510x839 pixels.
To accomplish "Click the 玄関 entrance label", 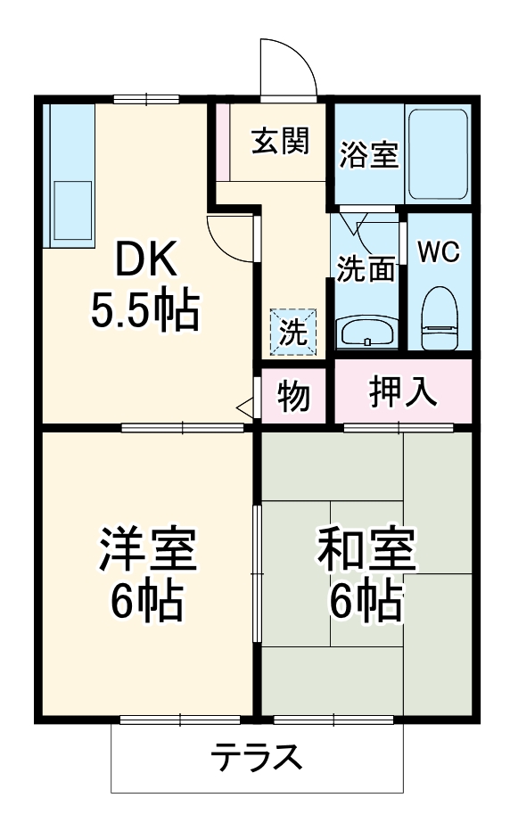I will tap(279, 141).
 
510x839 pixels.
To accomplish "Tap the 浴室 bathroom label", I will tap(368, 154).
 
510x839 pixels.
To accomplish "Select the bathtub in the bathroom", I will tap(437, 154).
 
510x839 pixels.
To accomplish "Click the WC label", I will tap(439, 252).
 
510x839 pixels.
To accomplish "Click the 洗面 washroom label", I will tap(366, 268).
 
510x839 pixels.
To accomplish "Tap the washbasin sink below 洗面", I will tap(366, 333).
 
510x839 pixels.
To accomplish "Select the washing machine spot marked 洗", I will tap(293, 332).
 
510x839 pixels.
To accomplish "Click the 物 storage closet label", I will tap(293, 395).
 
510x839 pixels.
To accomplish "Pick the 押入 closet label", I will tap(403, 391).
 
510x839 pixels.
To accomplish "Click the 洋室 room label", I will tap(147, 550).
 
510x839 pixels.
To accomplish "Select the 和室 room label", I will tap(366, 550).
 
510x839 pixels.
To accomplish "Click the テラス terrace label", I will tap(257, 759).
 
